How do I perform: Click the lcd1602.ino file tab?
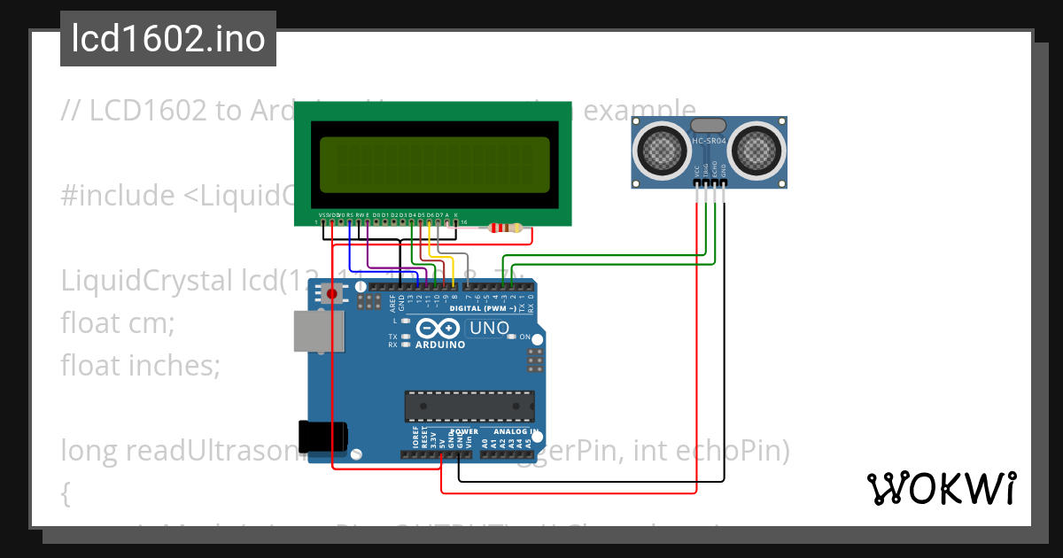[x=167, y=39]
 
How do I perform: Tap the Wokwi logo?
[x=941, y=488]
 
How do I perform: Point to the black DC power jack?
[x=323, y=437]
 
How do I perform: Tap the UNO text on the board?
[x=488, y=329]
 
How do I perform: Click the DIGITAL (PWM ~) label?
[x=484, y=308]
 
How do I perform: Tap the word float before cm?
[x=89, y=323]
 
